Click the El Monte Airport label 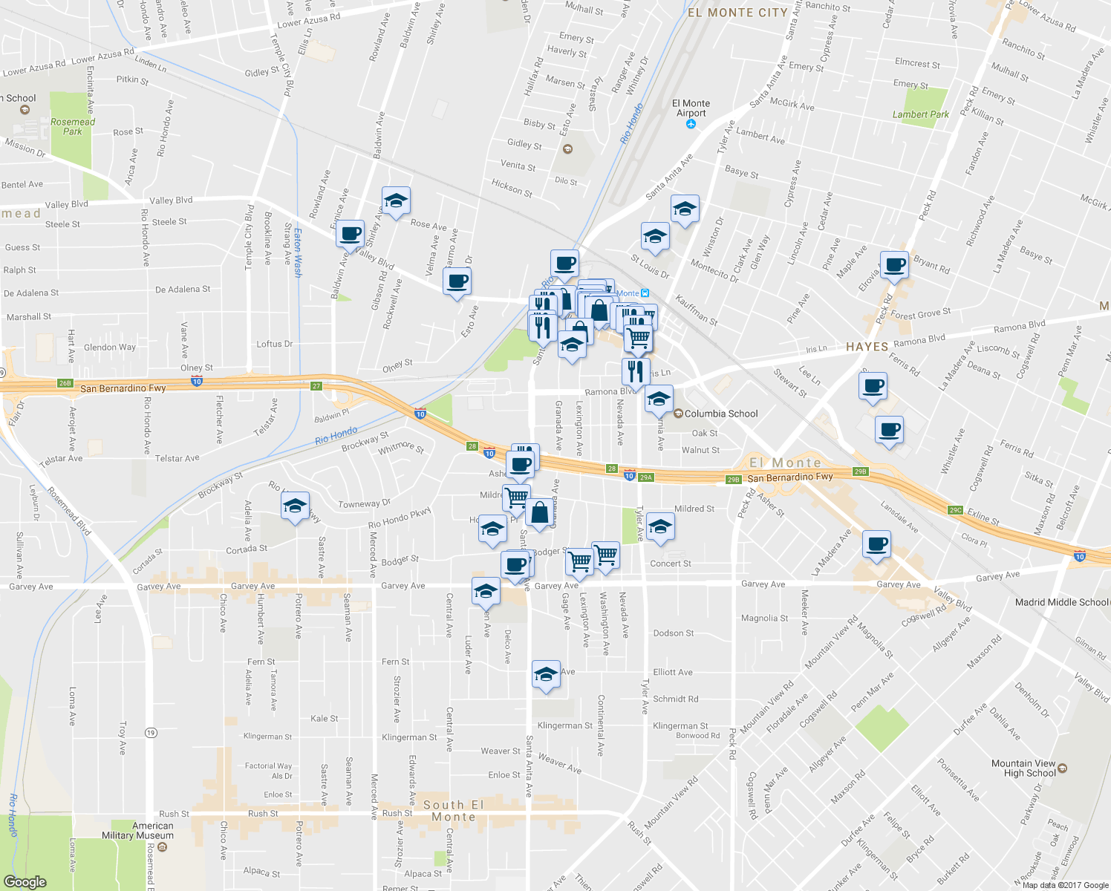[691, 108]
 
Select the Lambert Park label [920, 114]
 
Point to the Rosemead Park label [73, 126]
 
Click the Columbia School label [720, 414]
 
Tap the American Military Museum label [138, 830]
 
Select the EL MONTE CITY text [737, 13]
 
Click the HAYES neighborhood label [867, 347]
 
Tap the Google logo [25, 881]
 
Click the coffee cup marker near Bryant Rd [895, 266]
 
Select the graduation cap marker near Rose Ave [397, 201]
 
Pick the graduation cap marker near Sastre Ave [295, 506]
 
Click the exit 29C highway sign [956, 510]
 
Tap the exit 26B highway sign [65, 383]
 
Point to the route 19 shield [151, 733]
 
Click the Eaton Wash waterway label [298, 252]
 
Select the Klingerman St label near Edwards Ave [409, 737]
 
